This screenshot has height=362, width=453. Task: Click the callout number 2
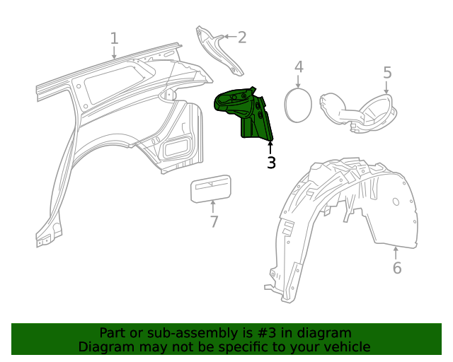click(x=241, y=37)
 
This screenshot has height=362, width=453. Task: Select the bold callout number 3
click(x=271, y=163)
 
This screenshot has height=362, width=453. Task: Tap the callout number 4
click(x=299, y=67)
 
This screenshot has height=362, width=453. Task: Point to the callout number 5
click(x=387, y=72)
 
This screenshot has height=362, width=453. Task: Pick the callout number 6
click(x=396, y=268)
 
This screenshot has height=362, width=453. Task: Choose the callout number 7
click(x=214, y=221)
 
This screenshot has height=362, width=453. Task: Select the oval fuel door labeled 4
click(x=297, y=105)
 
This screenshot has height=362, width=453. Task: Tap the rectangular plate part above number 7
click(x=211, y=189)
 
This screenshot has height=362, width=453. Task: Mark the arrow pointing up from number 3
click(x=270, y=146)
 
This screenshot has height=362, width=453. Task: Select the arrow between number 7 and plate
click(x=213, y=206)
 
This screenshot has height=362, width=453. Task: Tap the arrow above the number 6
click(x=396, y=252)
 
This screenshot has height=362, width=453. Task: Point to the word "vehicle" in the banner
click(x=345, y=346)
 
